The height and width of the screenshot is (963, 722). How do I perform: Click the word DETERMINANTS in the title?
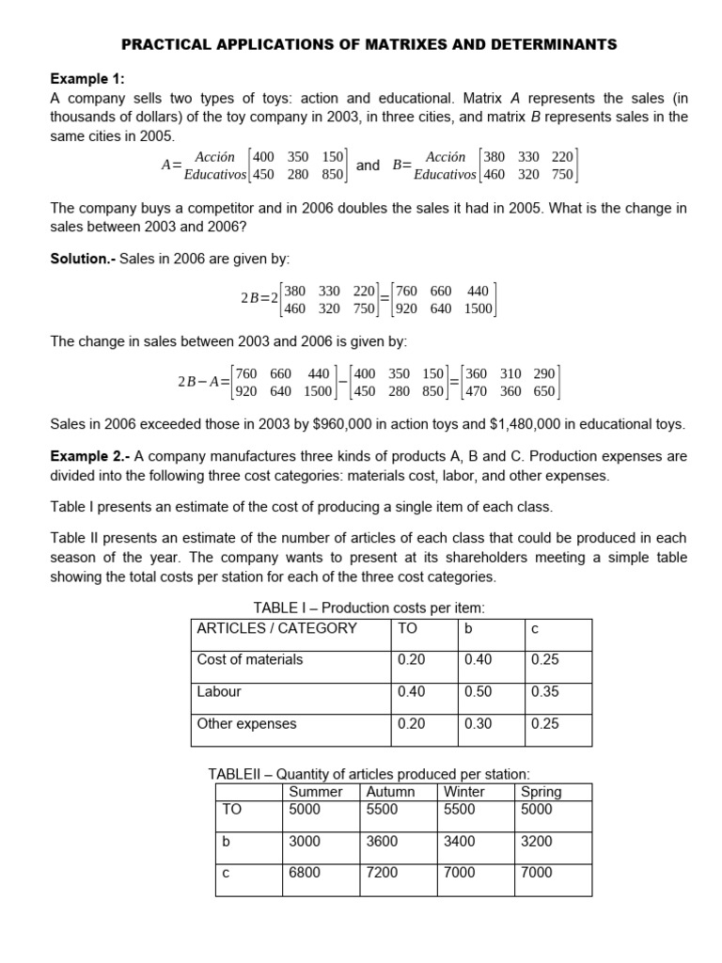[x=550, y=43]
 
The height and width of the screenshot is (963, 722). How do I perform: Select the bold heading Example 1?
[x=86, y=79]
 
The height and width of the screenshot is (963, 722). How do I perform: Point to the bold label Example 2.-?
[x=90, y=456]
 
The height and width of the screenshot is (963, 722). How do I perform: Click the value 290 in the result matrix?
[x=543, y=373]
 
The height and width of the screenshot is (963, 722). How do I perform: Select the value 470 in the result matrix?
[x=479, y=391]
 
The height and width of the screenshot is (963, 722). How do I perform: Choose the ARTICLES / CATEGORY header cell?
[x=277, y=628]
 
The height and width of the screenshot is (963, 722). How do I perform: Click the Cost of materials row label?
[x=250, y=660]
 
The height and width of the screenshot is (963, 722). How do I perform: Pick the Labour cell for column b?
[x=478, y=692]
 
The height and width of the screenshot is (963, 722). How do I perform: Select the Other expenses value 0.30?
[x=478, y=724]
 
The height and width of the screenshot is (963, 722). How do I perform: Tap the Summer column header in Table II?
[x=316, y=792]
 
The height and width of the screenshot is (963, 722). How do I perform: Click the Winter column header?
[x=464, y=792]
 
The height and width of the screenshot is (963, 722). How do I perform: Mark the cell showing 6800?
[x=305, y=873]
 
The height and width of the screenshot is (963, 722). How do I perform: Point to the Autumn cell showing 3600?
[x=382, y=842]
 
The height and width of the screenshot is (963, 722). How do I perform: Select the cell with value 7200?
[x=382, y=873]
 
